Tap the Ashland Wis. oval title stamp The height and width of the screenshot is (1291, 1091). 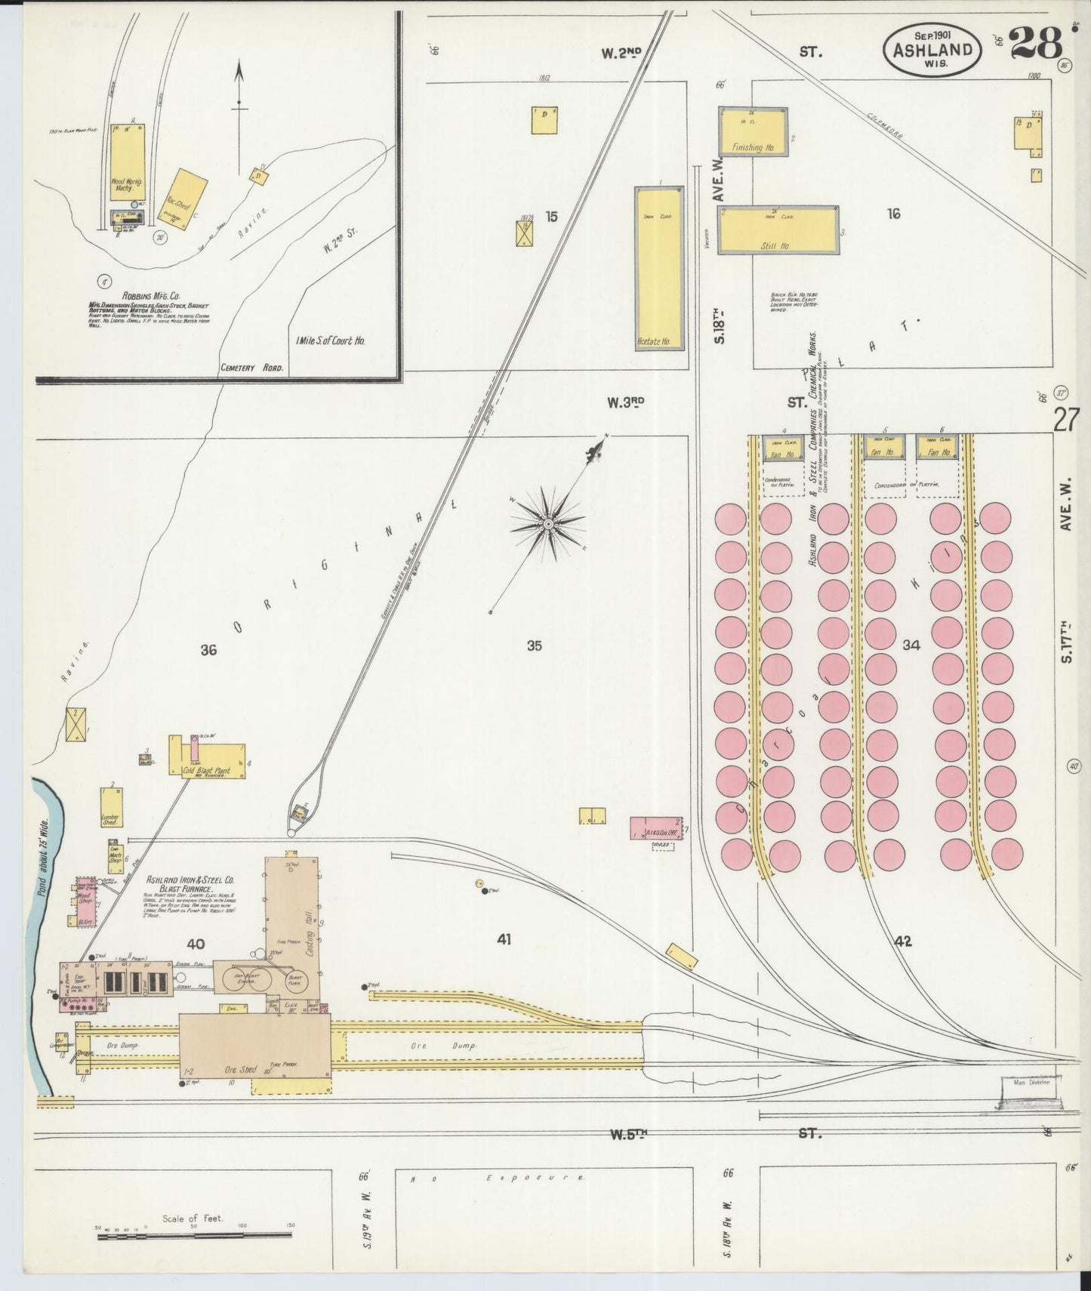(x=932, y=48)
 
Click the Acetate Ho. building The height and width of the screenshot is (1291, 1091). (x=658, y=268)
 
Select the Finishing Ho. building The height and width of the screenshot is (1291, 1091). (x=753, y=132)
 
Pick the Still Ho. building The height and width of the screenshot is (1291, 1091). (x=778, y=230)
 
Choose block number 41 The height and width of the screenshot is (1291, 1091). (x=504, y=940)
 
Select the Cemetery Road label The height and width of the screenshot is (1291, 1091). (x=252, y=368)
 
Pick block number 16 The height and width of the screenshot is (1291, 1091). (x=894, y=214)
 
